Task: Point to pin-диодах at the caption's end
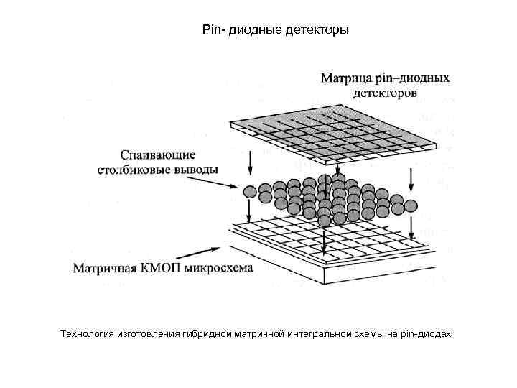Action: point(429,335)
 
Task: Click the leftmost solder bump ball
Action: point(250,192)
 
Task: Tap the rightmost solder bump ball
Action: point(411,207)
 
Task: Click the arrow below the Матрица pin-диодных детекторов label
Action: point(381,112)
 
